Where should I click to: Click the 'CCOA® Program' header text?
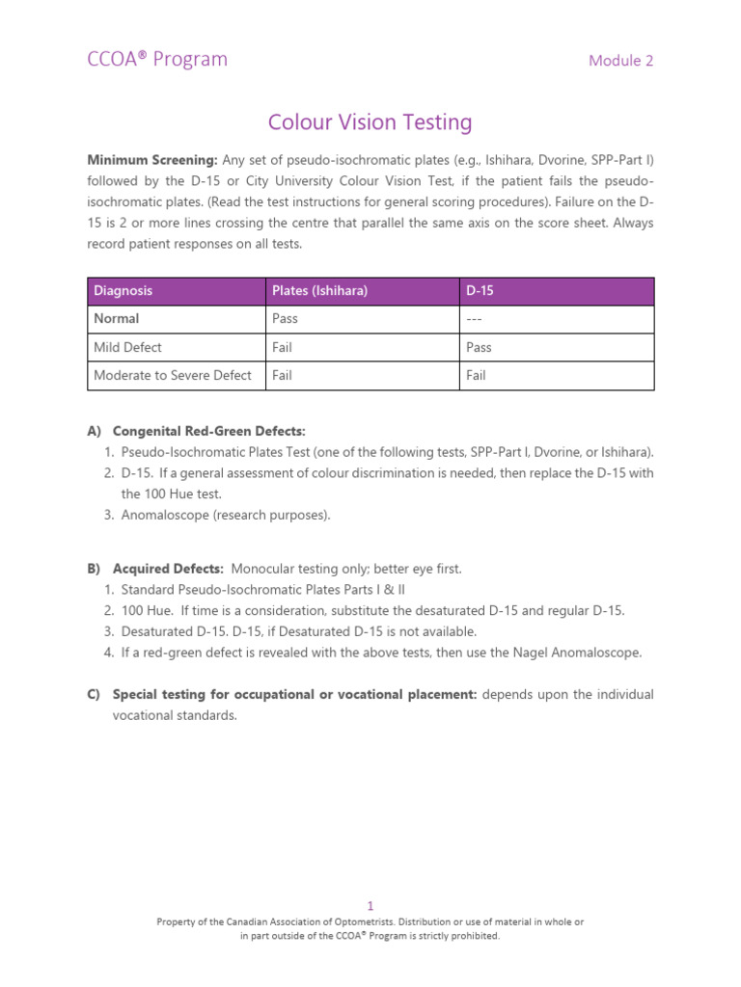click(x=157, y=60)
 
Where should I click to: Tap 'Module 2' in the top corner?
click(x=620, y=61)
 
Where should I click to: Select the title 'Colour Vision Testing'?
click(x=370, y=123)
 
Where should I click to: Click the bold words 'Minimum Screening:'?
click(x=153, y=159)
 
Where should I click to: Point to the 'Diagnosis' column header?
click(x=123, y=291)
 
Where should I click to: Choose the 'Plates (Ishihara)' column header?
click(x=319, y=291)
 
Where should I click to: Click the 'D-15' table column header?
click(x=480, y=291)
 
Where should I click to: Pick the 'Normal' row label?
click(x=117, y=319)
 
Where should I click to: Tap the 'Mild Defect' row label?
click(x=127, y=347)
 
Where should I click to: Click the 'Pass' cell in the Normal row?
click(x=285, y=319)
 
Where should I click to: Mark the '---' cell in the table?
click(x=475, y=319)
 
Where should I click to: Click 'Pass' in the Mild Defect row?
click(x=479, y=347)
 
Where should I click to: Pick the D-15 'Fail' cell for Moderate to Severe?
click(x=476, y=376)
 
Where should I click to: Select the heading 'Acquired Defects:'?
click(x=168, y=570)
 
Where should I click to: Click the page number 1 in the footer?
click(x=370, y=906)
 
